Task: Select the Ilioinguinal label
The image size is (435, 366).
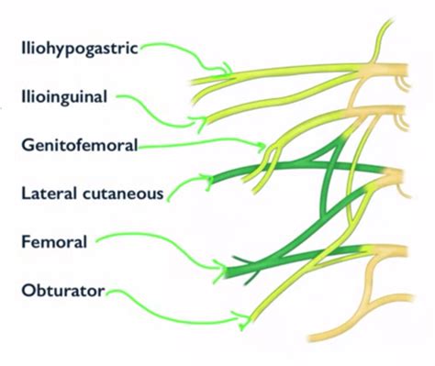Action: point(62,94)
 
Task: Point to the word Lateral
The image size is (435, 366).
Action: point(47,194)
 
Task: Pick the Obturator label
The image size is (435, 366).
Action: point(60,293)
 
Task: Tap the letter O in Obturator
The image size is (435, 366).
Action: point(26,293)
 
